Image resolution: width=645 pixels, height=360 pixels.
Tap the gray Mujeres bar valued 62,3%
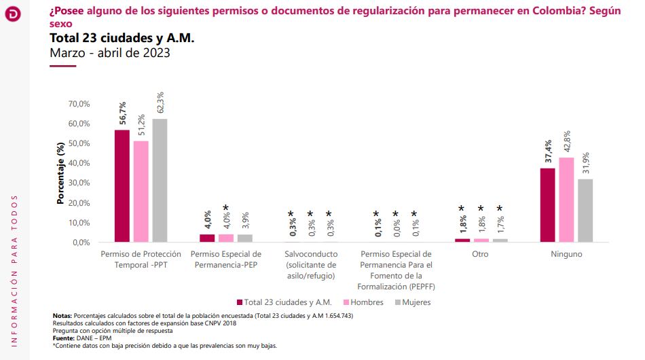pyautogui.click(x=160, y=181)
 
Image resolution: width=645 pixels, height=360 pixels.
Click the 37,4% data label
pyautogui.click(x=548, y=150)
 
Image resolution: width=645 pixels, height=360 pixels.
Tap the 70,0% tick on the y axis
pyautogui.click(x=79, y=104)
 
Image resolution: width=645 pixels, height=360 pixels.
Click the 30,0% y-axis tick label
pyautogui.click(x=79, y=183)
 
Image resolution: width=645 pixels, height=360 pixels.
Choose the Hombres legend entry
pyautogui.click(x=363, y=302)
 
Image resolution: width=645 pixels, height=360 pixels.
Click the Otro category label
pyautogui.click(x=480, y=254)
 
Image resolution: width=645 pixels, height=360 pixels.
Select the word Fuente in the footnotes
pyautogui.click(x=64, y=338)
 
